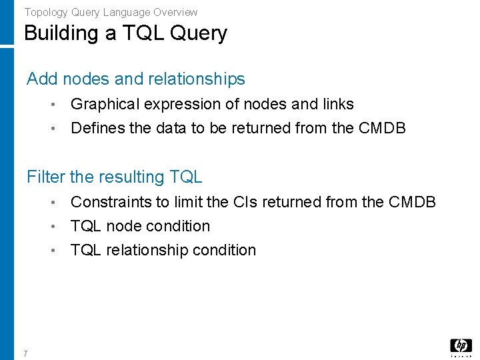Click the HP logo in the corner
[x=461, y=346]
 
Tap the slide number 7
[x=25, y=353]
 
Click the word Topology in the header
[x=45, y=12]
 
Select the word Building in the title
[x=61, y=33]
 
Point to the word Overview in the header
[x=176, y=12]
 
